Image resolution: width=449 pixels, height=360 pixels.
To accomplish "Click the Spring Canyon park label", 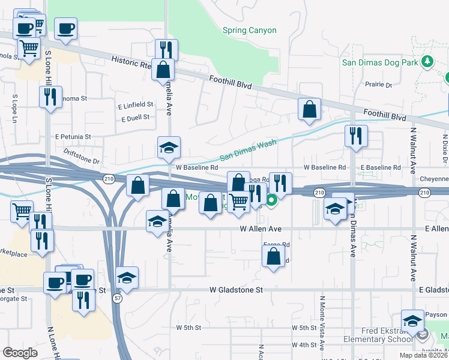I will point(249,31).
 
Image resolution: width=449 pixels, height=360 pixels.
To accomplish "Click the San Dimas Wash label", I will point(247,150).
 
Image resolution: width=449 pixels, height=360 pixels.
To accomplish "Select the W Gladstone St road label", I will point(237,290).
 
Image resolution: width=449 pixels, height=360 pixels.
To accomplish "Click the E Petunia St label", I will point(73,137).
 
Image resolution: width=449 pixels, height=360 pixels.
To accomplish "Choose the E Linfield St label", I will point(135,104).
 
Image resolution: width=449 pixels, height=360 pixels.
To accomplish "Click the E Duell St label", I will point(135,118).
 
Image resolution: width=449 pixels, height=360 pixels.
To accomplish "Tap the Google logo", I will point(20,352).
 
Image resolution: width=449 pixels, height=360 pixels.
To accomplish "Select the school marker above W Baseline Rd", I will point(169,147).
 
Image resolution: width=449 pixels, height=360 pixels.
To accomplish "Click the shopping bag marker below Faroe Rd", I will point(273,256).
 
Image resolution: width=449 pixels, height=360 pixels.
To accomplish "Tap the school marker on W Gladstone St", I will point(127,278).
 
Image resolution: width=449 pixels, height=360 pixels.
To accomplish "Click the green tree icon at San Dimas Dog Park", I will point(427,61).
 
